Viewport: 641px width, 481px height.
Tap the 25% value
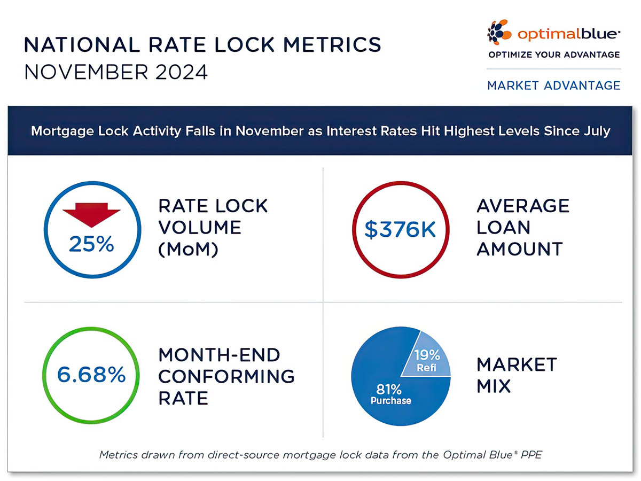pyautogui.click(x=91, y=244)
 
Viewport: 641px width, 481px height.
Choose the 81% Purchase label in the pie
pyautogui.click(x=390, y=394)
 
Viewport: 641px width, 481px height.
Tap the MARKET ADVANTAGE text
pyautogui.click(x=553, y=86)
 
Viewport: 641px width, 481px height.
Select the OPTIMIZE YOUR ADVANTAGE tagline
pyautogui.click(x=554, y=55)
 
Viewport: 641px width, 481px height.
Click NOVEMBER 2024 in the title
pyautogui.click(x=116, y=72)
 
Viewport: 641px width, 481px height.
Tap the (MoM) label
pyautogui.click(x=188, y=249)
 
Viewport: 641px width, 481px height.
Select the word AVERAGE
pyautogui.click(x=523, y=206)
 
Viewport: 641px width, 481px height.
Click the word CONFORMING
pyautogui.click(x=226, y=376)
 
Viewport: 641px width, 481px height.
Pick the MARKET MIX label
pyautogui.click(x=517, y=375)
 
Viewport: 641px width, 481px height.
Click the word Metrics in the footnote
pyautogui.click(x=119, y=455)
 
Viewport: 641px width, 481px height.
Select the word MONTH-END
pyautogui.click(x=219, y=355)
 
